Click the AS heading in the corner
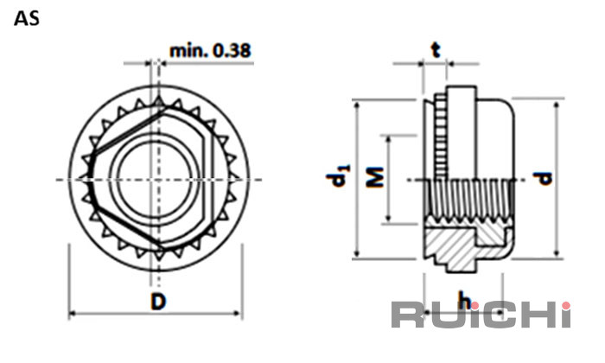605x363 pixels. pyautogui.click(x=27, y=18)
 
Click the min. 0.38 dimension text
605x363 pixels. pyautogui.click(x=210, y=50)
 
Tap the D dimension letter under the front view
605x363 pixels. pyautogui.click(x=158, y=302)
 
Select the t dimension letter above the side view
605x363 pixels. pyautogui.click(x=436, y=50)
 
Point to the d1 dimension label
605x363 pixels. pyautogui.click(x=339, y=175)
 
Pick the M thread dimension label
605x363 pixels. pyautogui.click(x=374, y=177)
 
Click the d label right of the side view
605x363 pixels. pyautogui.click(x=543, y=179)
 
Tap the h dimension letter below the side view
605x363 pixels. pyautogui.click(x=464, y=300)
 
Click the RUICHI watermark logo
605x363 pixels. pyautogui.click(x=481, y=315)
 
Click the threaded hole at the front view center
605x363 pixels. pyautogui.click(x=155, y=180)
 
